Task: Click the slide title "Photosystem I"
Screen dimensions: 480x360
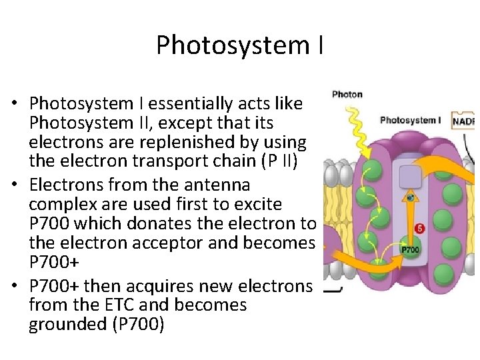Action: tap(240, 45)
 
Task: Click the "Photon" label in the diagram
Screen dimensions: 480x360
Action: tap(347, 94)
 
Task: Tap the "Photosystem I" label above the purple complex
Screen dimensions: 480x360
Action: tap(410, 121)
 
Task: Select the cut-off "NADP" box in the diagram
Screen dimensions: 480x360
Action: tap(465, 121)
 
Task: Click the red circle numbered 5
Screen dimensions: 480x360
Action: tap(419, 229)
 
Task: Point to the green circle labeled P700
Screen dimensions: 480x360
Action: tap(410, 250)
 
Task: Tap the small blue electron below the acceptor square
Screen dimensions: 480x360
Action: tap(411, 197)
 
